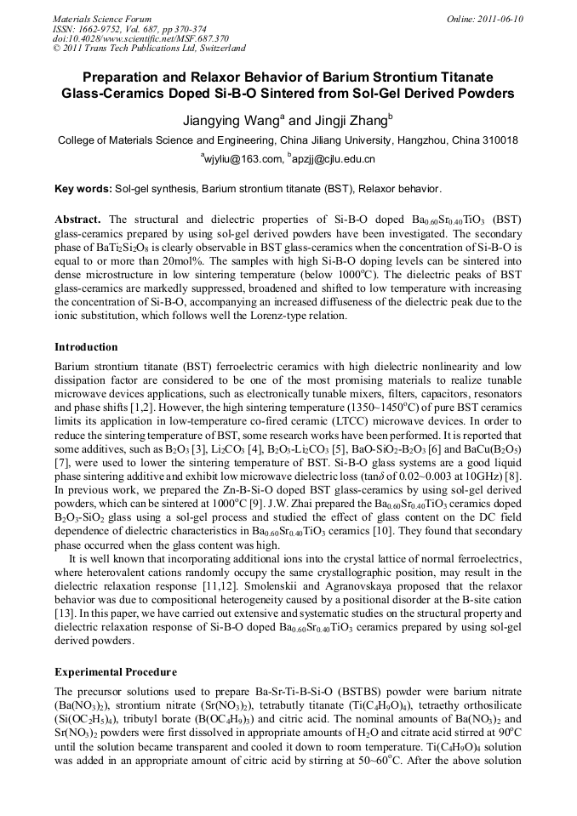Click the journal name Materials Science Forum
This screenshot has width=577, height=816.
102,18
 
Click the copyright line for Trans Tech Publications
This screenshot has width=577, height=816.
149,49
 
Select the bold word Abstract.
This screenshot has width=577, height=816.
78,219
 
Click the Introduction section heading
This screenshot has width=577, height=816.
86,347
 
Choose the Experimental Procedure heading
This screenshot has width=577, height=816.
115,671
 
